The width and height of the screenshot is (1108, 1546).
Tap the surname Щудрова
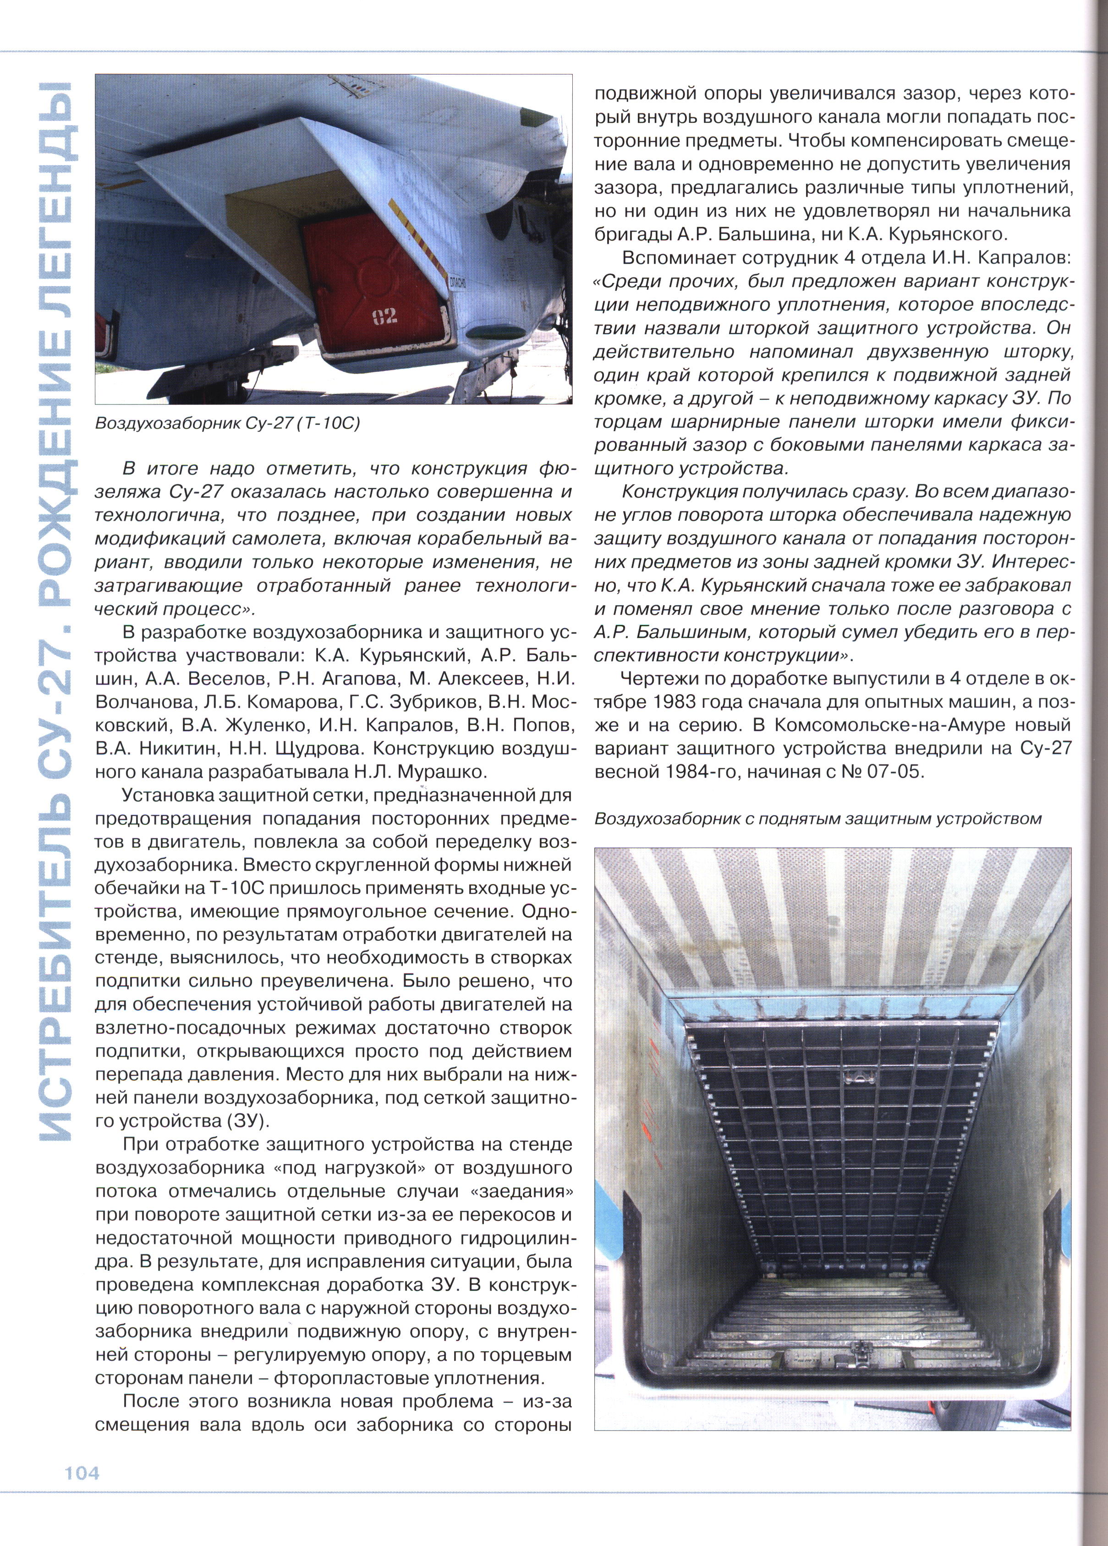(x=312, y=748)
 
